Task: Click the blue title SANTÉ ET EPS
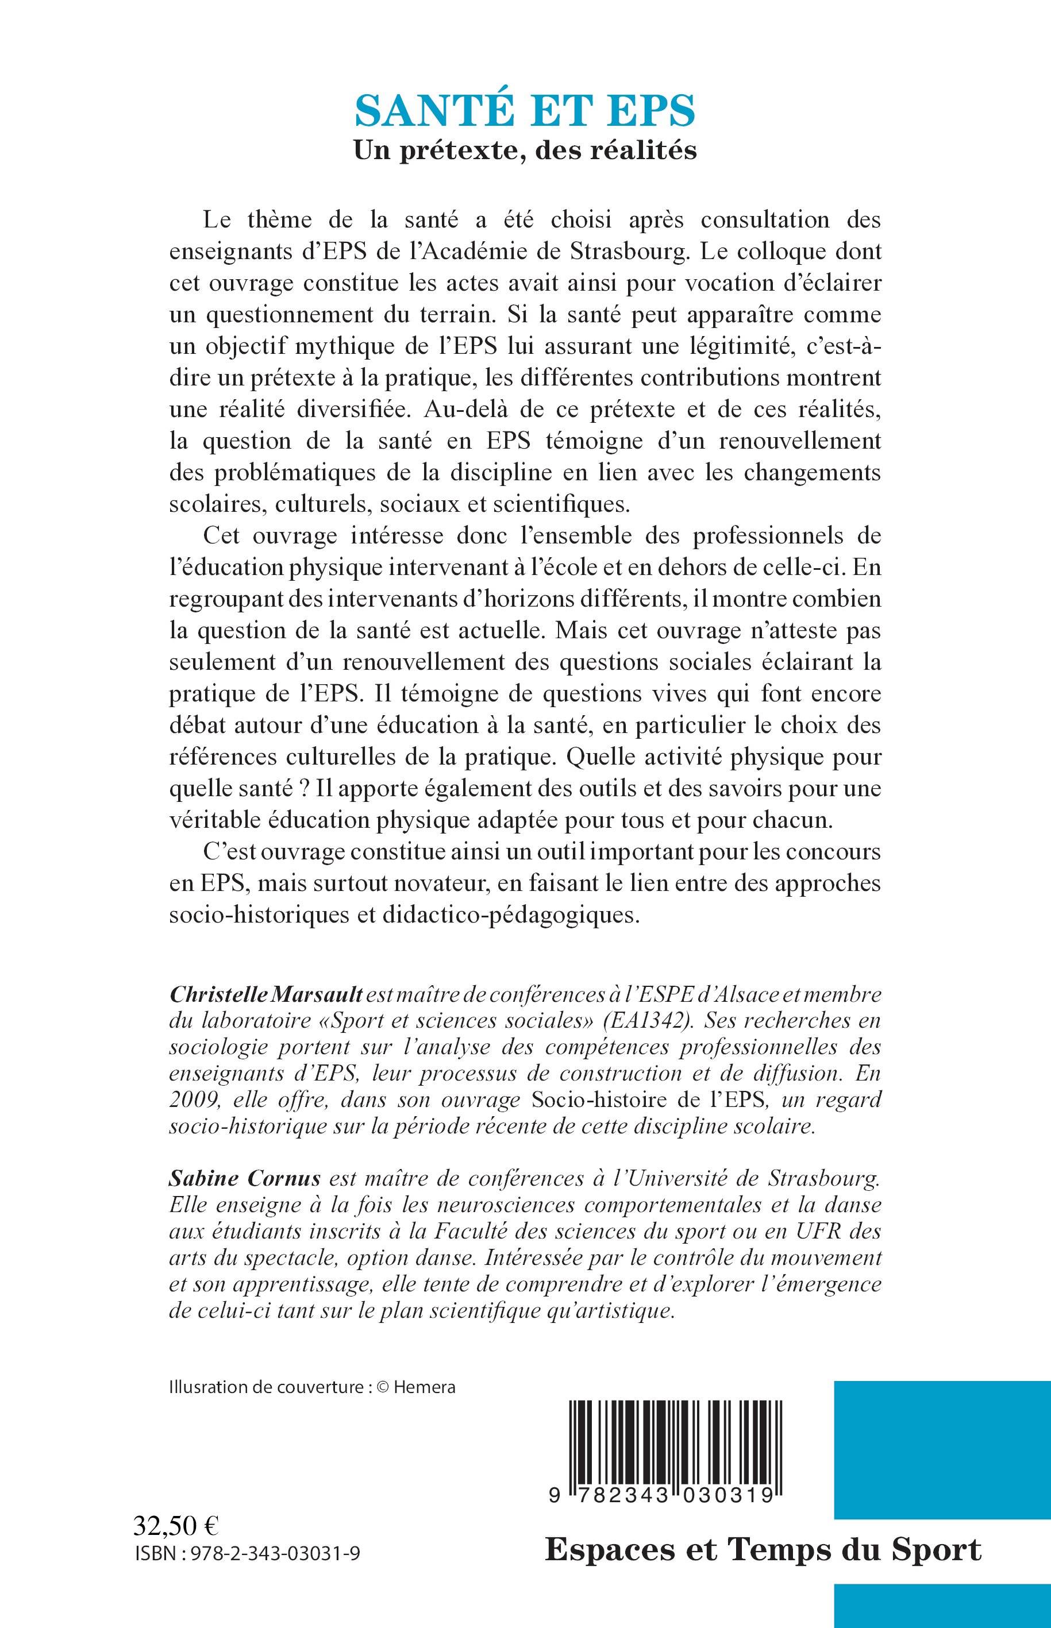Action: click(525, 110)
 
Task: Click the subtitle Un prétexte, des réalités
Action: click(525, 150)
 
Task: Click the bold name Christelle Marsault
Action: click(266, 994)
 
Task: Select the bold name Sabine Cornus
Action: click(246, 1178)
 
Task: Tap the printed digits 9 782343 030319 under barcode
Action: click(661, 1495)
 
